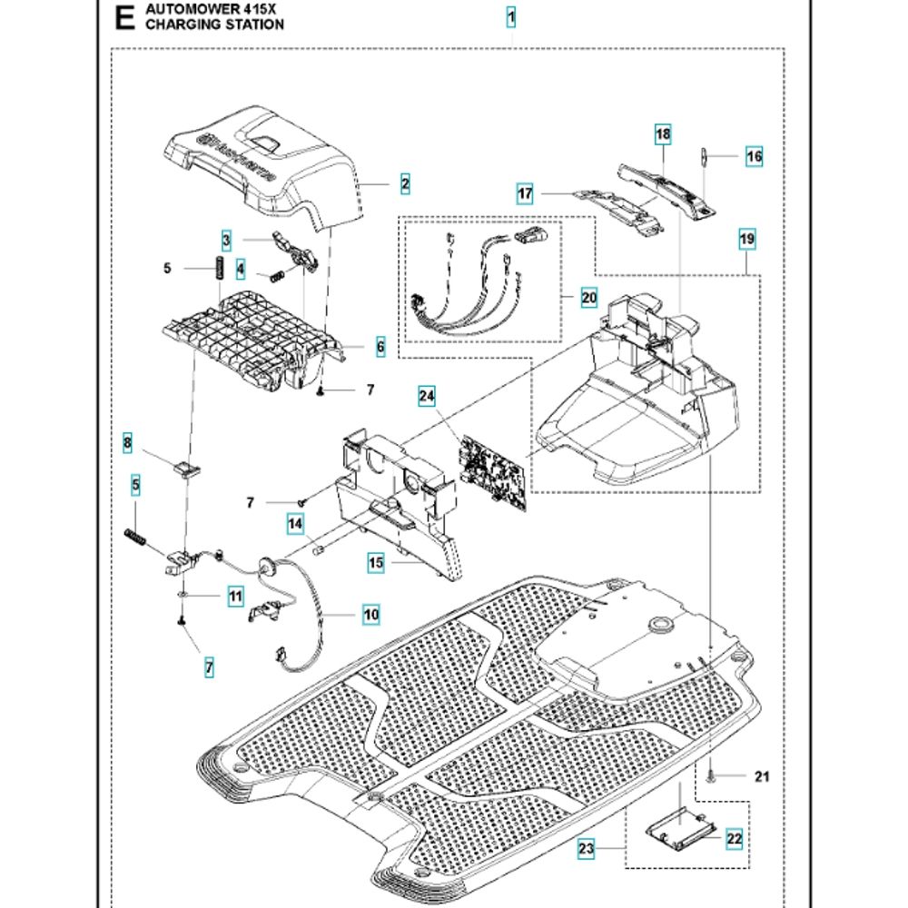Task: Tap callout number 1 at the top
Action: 511,16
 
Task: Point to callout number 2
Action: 405,184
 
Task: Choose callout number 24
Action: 427,396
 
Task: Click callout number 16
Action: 755,157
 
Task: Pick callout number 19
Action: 746,241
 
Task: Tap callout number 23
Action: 587,850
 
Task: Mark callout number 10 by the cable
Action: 370,614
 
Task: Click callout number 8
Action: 128,443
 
